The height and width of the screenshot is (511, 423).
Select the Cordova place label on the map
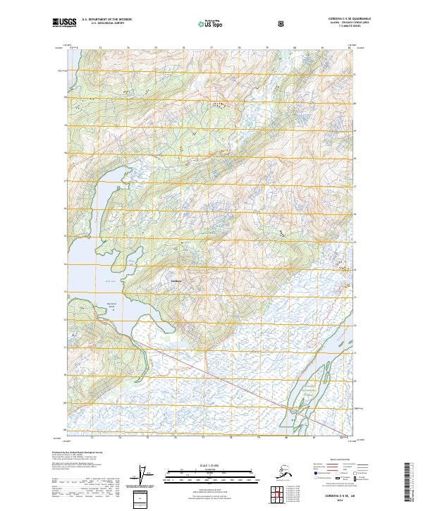tap(176, 281)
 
